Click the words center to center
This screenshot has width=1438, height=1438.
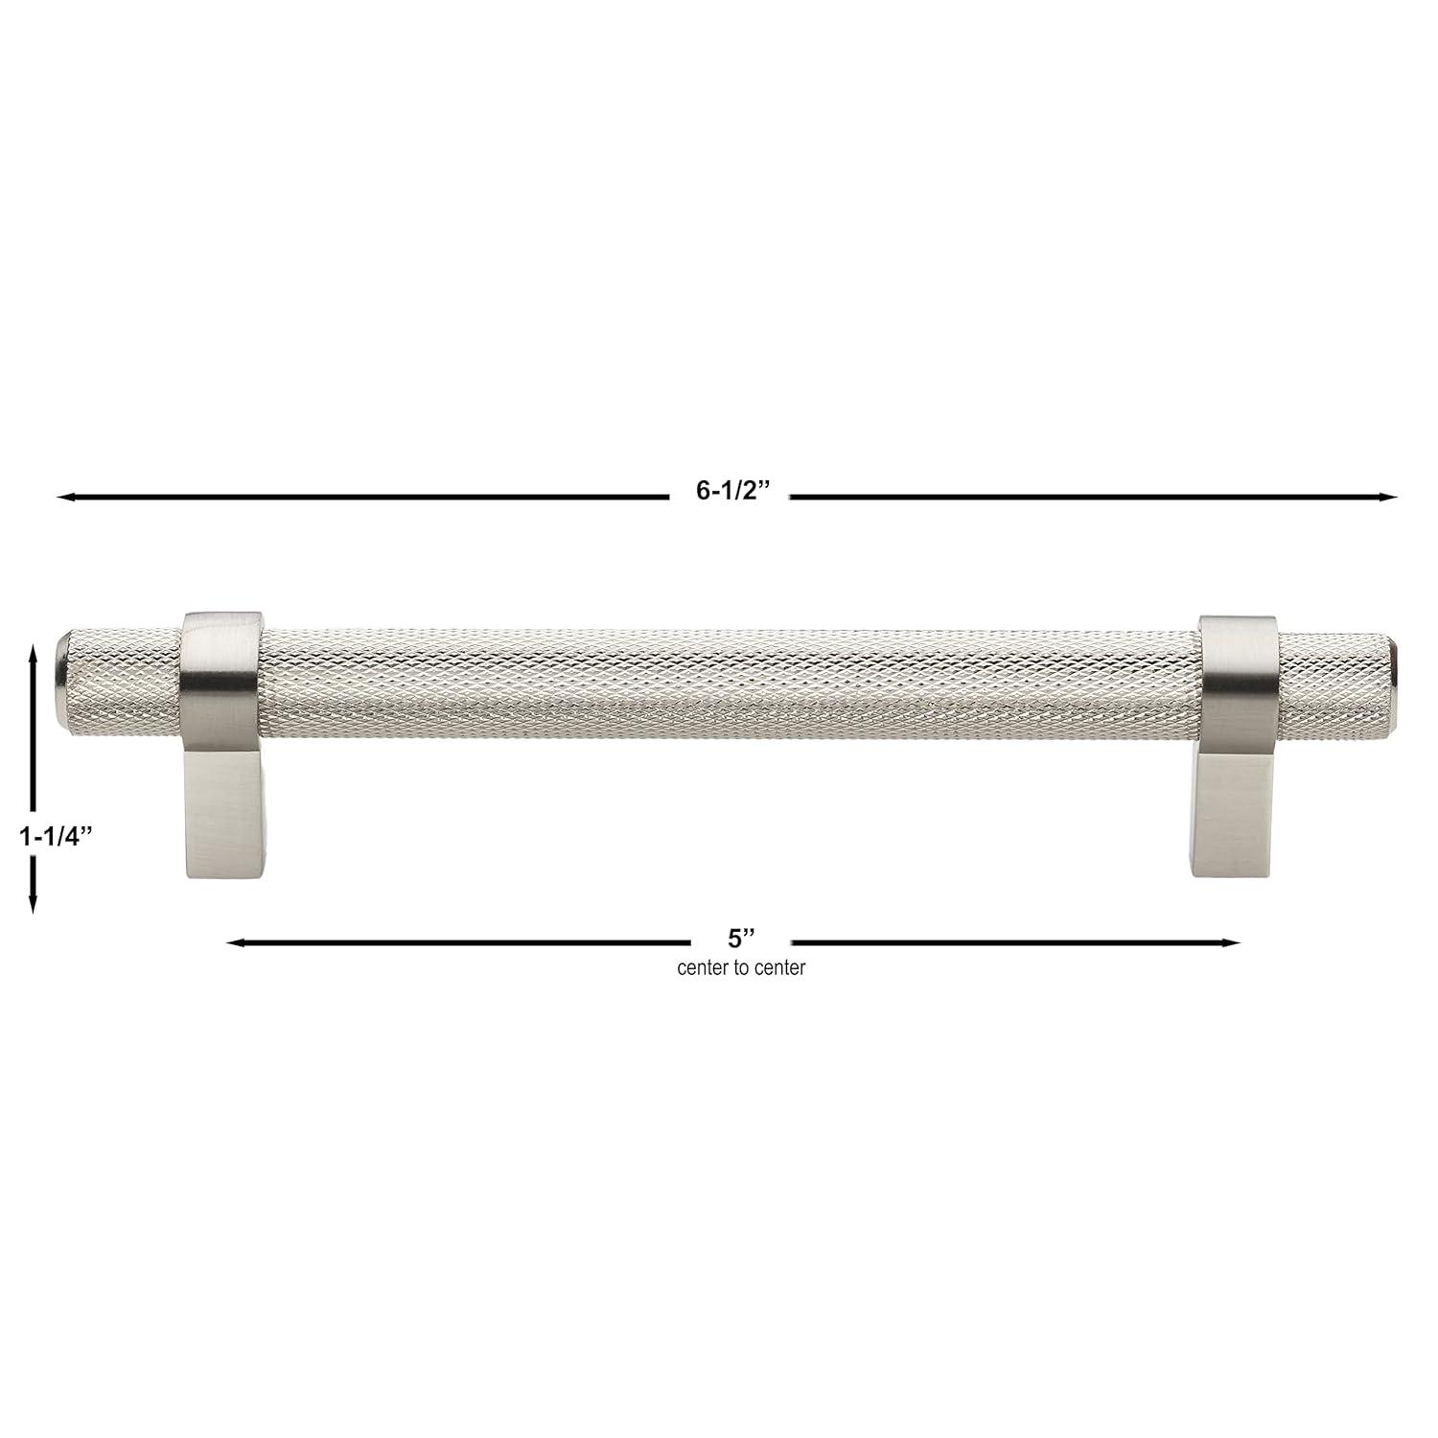coord(741,968)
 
